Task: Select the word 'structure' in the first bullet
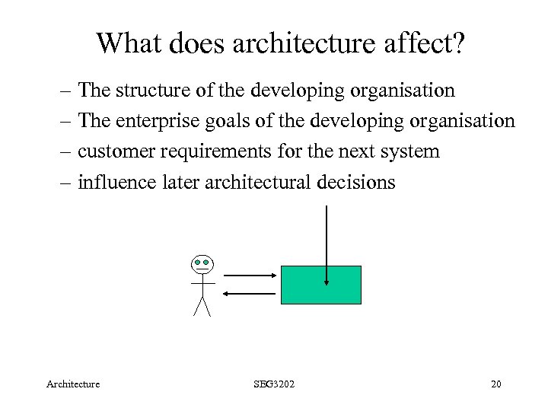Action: [x=152, y=91]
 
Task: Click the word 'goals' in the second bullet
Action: [x=229, y=122]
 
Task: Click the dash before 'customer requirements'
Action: [x=67, y=151]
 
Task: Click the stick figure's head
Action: [x=202, y=264]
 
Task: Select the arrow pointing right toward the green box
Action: [x=250, y=276]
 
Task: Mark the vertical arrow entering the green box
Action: [x=327, y=244]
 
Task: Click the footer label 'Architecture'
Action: [x=74, y=384]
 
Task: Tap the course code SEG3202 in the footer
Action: [x=274, y=384]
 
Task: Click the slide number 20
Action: [x=496, y=384]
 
